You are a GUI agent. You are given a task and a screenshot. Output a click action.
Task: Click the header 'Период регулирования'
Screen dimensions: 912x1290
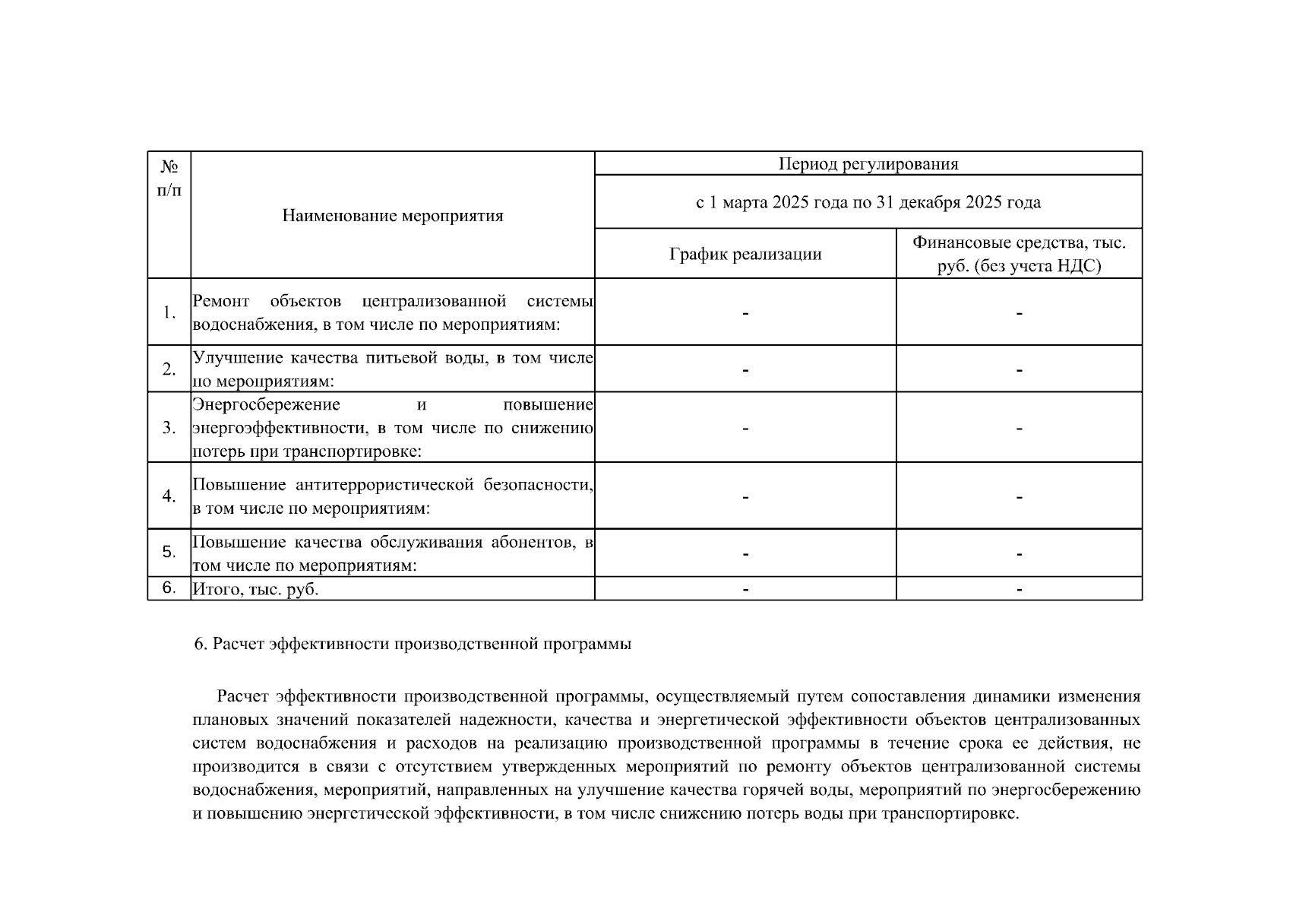click(x=868, y=164)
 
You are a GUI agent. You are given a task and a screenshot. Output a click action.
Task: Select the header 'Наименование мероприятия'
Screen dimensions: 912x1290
click(x=392, y=216)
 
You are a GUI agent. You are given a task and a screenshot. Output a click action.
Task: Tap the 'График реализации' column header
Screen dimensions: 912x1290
click(x=745, y=254)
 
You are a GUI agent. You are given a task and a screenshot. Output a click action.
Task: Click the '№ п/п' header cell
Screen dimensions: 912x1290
click(x=169, y=178)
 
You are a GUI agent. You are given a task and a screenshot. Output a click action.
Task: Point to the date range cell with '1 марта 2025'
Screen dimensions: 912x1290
click(x=868, y=202)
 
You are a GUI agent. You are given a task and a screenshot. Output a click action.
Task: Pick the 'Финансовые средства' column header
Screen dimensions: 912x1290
click(x=1019, y=254)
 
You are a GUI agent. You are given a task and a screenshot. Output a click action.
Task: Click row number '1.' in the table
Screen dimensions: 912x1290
click(x=169, y=312)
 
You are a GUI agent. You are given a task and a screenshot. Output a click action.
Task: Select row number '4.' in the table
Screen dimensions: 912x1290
click(x=169, y=496)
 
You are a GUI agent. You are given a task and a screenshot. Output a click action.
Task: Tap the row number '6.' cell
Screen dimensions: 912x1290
click(x=169, y=587)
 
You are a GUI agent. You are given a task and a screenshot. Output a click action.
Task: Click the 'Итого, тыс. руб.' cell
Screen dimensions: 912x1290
click(x=255, y=589)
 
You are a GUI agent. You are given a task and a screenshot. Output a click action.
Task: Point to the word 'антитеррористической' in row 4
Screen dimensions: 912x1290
click(x=384, y=485)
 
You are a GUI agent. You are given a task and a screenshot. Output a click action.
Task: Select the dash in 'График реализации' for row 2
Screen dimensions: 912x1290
click(x=745, y=369)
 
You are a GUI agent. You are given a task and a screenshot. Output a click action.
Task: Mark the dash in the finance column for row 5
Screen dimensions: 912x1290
click(x=1019, y=553)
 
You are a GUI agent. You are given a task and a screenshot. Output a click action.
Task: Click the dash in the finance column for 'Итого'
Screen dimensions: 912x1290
click(x=1019, y=589)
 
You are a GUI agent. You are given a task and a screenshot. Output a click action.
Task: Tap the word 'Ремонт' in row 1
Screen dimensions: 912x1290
click(x=220, y=301)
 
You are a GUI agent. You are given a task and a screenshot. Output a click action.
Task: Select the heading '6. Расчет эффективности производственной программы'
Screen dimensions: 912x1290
click(x=413, y=644)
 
